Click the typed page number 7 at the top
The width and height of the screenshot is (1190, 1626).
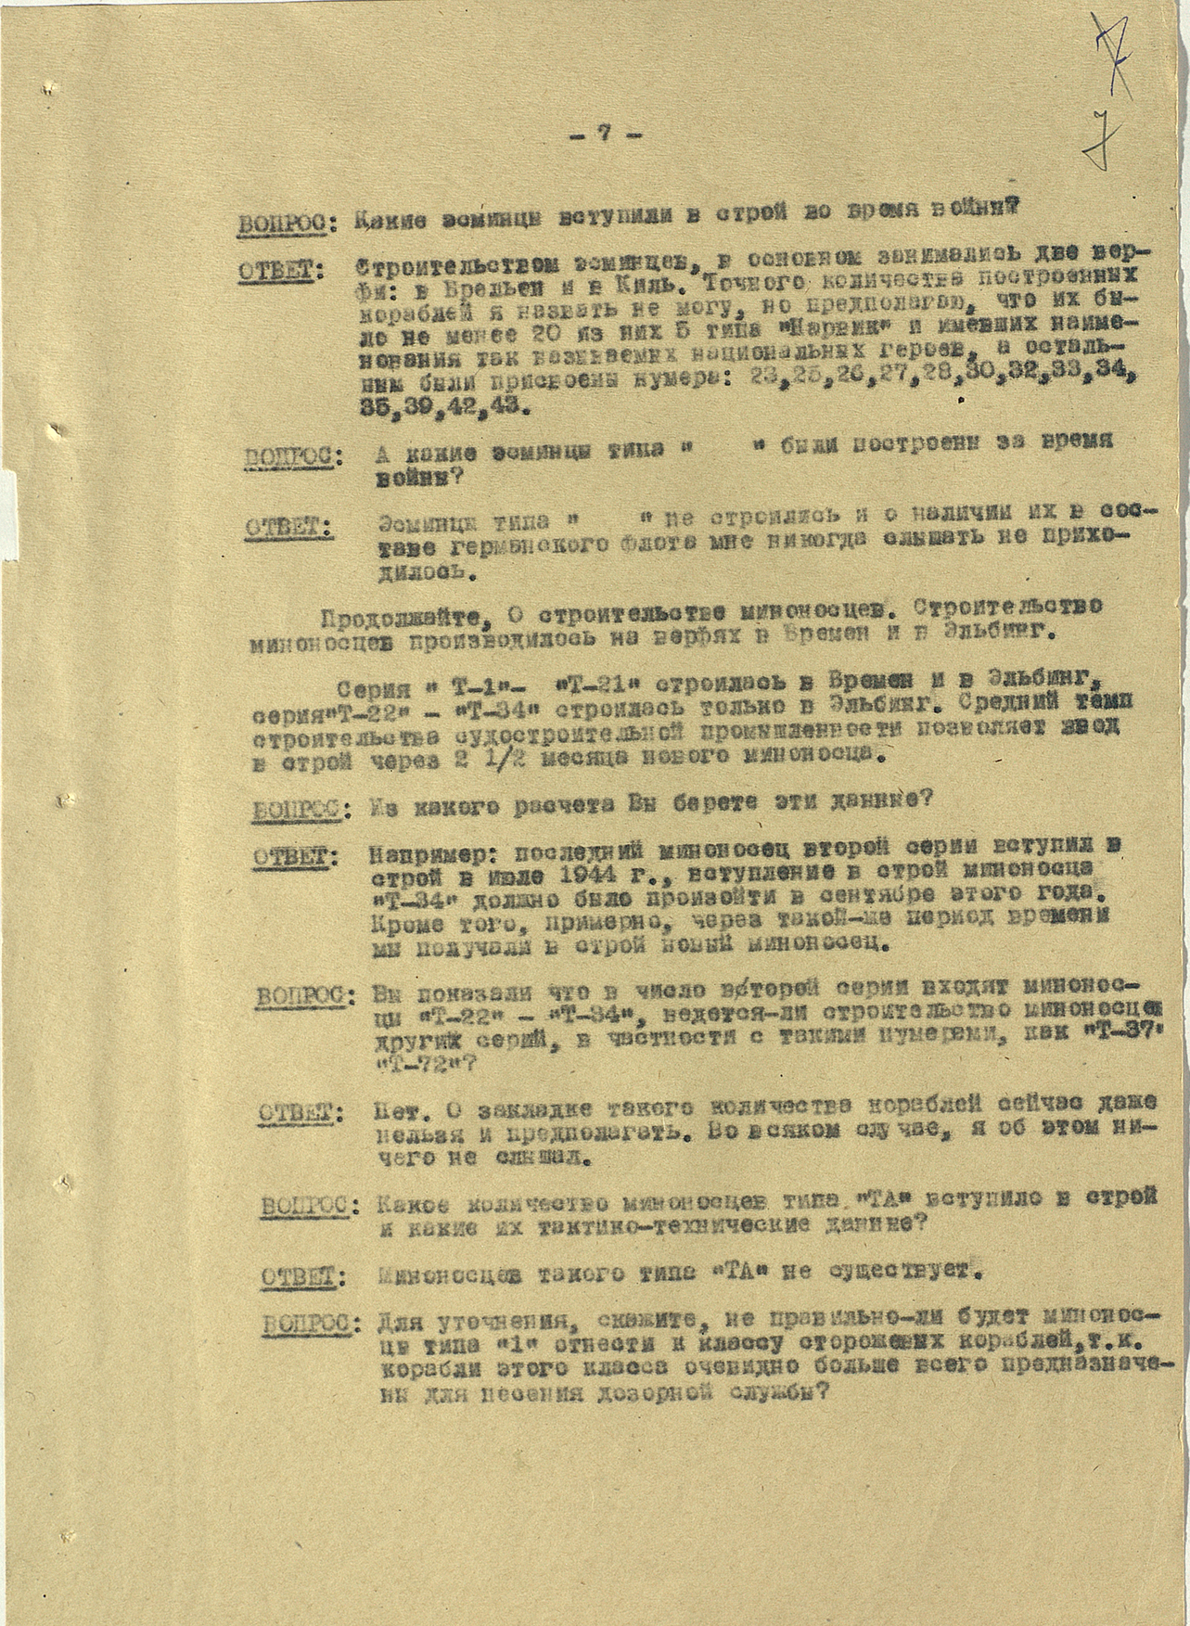[x=605, y=133]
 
